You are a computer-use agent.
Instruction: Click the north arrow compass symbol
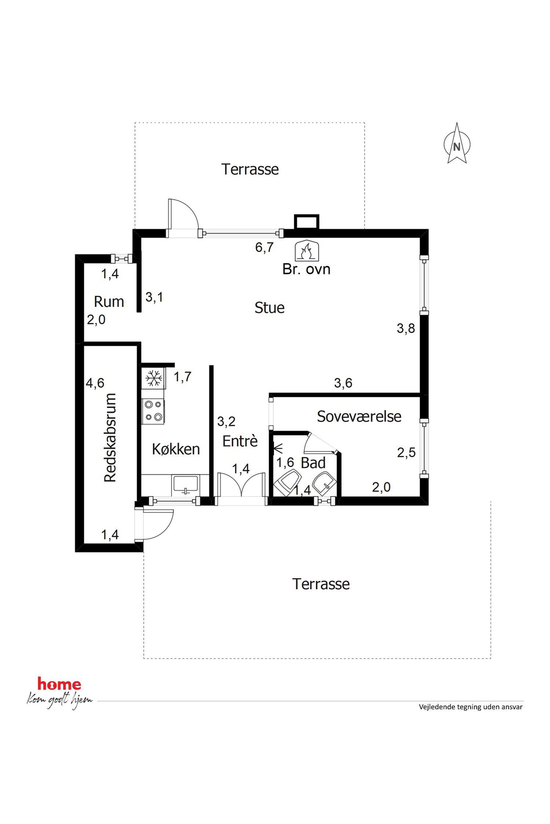click(x=457, y=143)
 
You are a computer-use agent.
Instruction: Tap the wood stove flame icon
click(x=307, y=251)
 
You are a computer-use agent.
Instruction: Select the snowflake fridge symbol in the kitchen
click(x=154, y=378)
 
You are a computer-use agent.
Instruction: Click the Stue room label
click(x=269, y=308)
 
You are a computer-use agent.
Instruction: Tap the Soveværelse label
click(x=359, y=416)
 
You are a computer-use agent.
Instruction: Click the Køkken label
click(x=176, y=449)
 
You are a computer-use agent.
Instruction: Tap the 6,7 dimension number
click(x=264, y=247)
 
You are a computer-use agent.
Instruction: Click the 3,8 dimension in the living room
click(x=406, y=328)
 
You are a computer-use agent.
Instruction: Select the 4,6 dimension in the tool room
click(x=95, y=383)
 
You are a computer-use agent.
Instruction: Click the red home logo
click(x=59, y=684)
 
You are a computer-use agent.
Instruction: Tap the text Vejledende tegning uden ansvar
click(x=471, y=707)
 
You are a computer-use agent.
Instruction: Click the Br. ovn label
click(x=307, y=269)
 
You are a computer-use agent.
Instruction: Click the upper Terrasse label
click(x=250, y=169)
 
